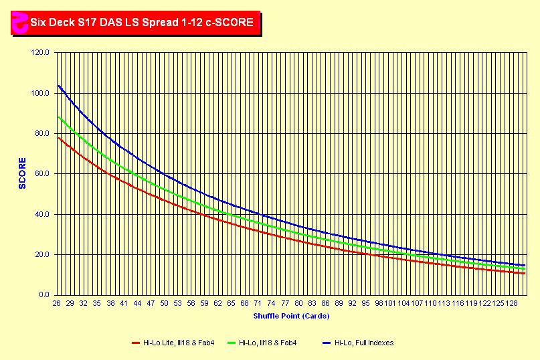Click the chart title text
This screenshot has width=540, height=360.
pyautogui.click(x=141, y=22)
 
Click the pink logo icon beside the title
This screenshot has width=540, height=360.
pyautogui.click(x=20, y=23)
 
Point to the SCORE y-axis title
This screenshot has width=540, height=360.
pyautogui.click(x=22, y=173)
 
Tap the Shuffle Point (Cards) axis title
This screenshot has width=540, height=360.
pyautogui.click(x=291, y=316)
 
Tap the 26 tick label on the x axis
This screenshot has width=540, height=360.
pyautogui.click(x=57, y=304)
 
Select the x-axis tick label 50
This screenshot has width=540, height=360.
pyautogui.click(x=165, y=304)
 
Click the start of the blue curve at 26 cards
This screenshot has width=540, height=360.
pyautogui.click(x=59, y=86)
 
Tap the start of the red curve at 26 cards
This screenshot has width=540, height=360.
pyautogui.click(x=59, y=138)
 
